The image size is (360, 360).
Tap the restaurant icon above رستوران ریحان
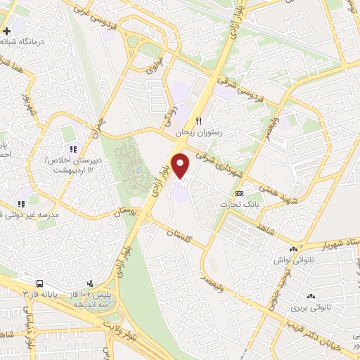coord(199,121)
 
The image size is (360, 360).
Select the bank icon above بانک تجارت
coord(240,193)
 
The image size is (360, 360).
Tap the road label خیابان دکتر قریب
coord(315,324)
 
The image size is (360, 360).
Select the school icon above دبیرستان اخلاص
coord(71,148)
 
